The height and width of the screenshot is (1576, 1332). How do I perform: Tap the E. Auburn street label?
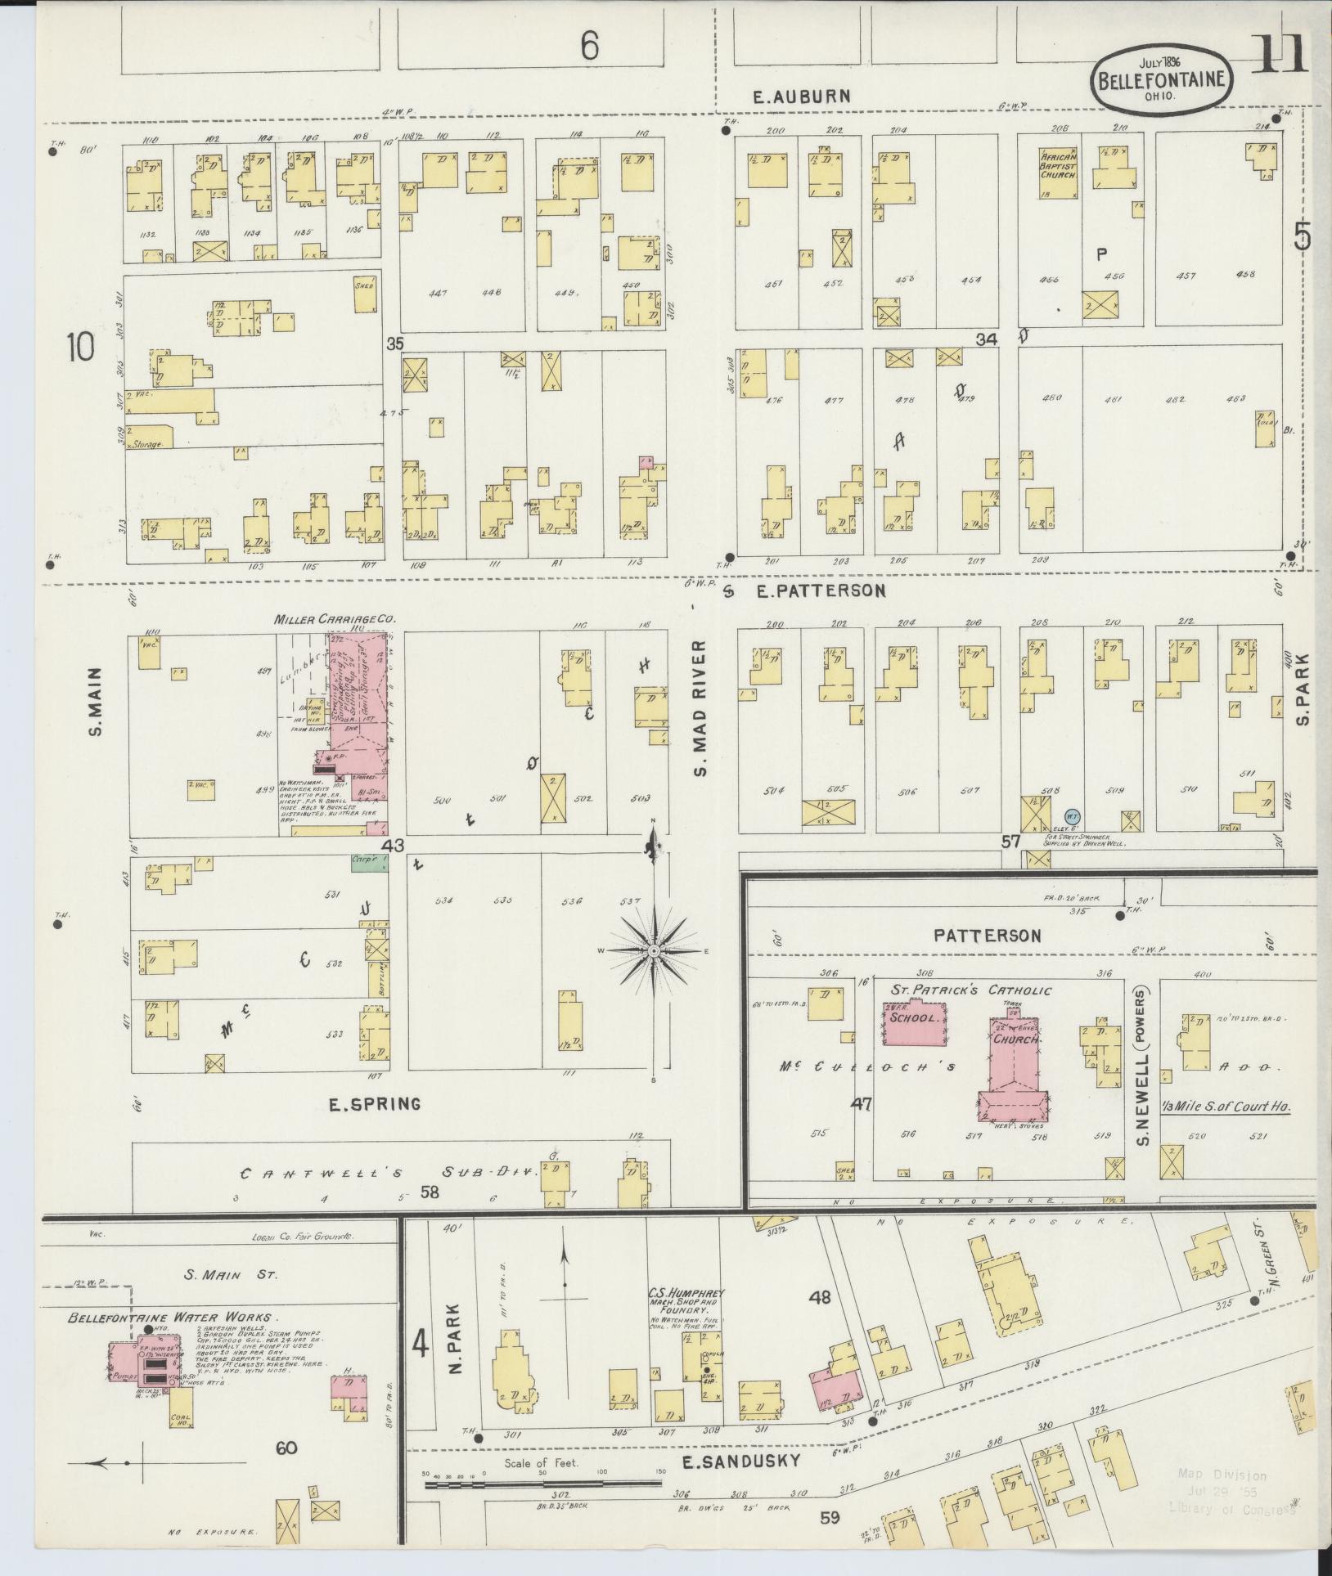tap(802, 97)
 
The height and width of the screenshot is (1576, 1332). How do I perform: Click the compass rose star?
tap(655, 953)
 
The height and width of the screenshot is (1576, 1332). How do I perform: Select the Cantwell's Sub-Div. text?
tap(388, 1173)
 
